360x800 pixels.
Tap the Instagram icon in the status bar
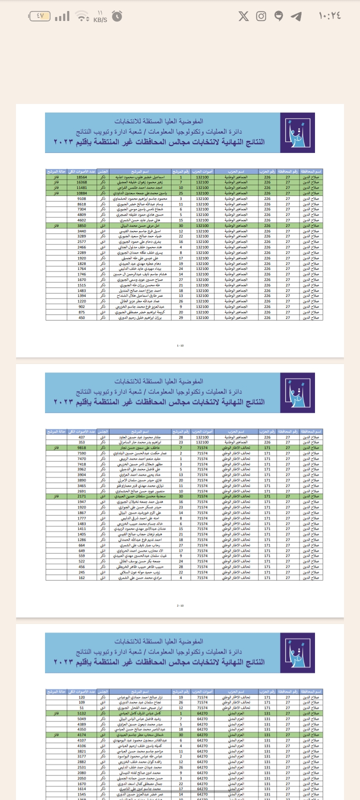click(x=261, y=16)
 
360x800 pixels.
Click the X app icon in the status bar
click(x=243, y=16)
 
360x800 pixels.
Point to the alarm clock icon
click(x=117, y=16)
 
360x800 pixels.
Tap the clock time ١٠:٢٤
click(x=330, y=16)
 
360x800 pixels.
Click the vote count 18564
click(x=81, y=177)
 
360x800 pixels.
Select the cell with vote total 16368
click(x=81, y=182)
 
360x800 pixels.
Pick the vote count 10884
click(x=81, y=193)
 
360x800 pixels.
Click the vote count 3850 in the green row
click(x=81, y=225)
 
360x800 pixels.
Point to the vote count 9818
click(x=81, y=448)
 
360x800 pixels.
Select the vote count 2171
click(x=81, y=496)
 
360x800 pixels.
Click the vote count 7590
click(x=81, y=453)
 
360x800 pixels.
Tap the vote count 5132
click(x=81, y=713)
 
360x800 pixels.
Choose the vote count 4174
click(x=81, y=735)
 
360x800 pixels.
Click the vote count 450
click(x=81, y=317)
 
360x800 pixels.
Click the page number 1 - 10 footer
click(x=180, y=345)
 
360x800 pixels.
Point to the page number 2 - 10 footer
click(x=180, y=605)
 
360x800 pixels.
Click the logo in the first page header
click(x=296, y=132)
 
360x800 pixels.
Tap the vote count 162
click(x=81, y=577)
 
